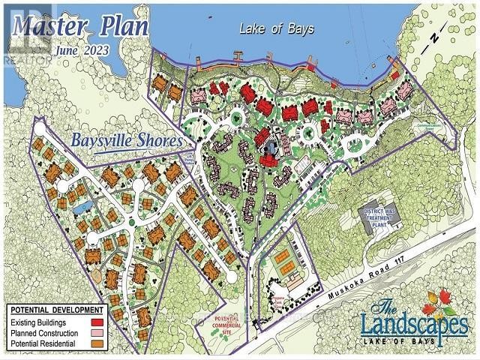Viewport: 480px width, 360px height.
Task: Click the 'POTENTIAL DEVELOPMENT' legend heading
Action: click(66, 310)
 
